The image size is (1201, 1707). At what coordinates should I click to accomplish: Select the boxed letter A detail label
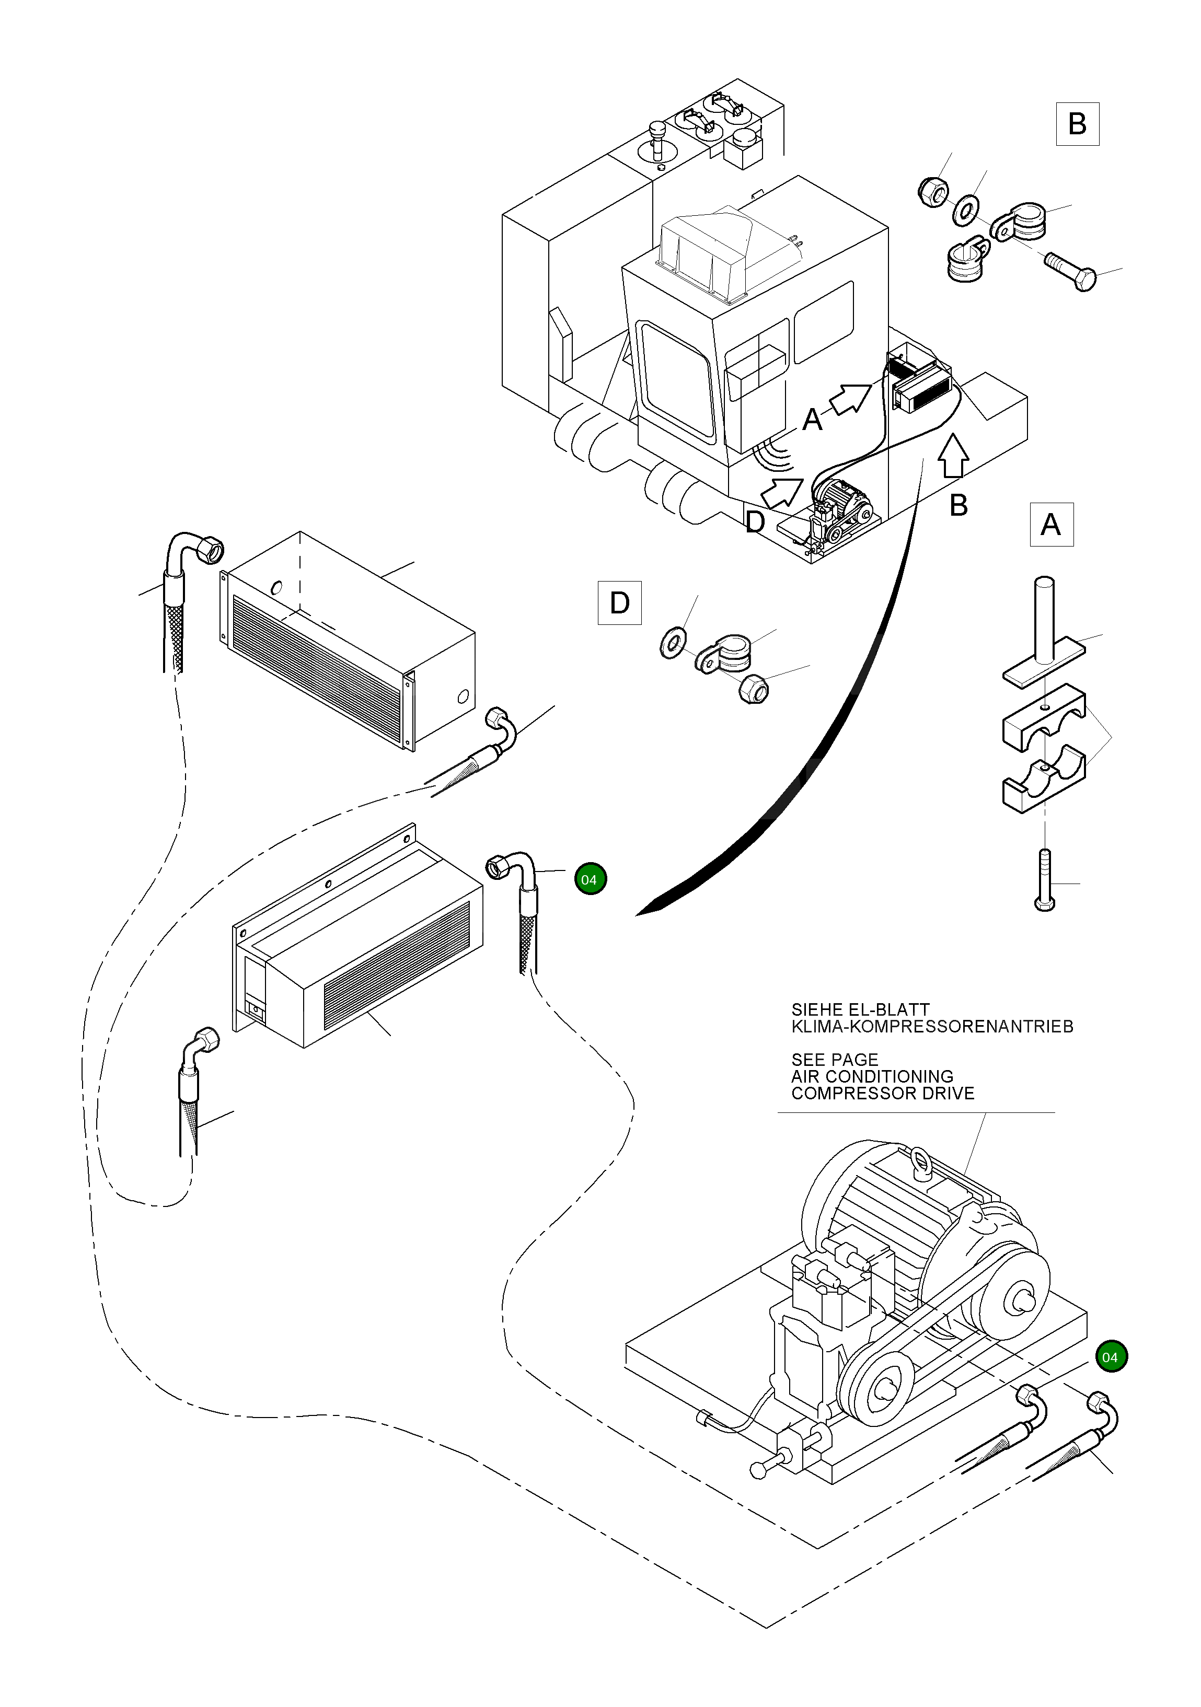pyautogui.click(x=1051, y=525)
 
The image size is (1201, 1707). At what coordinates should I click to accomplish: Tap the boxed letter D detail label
pyautogui.click(x=619, y=603)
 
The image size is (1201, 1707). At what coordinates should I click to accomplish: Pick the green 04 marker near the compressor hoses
pyautogui.click(x=1110, y=1357)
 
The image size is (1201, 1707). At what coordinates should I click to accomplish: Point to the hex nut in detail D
pyautogui.click(x=753, y=689)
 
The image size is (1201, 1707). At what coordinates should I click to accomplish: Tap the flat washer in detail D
pyautogui.click(x=673, y=642)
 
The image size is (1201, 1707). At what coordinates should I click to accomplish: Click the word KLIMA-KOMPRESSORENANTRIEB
pyautogui.click(x=932, y=1027)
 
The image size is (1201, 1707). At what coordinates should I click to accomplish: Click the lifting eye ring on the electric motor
pyautogui.click(x=921, y=1160)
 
